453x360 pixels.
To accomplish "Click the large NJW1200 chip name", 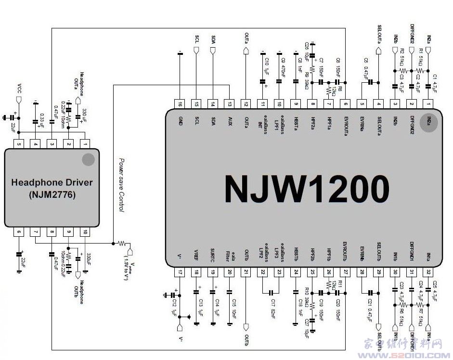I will [x=307, y=188].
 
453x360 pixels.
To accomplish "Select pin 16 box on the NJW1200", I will [x=180, y=103].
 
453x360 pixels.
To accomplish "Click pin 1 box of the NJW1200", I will [x=428, y=103].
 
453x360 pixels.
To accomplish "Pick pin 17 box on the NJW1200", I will [x=180, y=272].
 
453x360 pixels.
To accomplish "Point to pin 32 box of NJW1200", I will [x=428, y=272].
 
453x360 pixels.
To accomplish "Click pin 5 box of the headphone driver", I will [x=19, y=143].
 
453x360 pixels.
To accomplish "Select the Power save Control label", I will [x=122, y=185].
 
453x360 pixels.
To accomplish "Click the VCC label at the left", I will [x=19, y=89].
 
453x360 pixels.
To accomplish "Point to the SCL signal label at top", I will [x=196, y=39].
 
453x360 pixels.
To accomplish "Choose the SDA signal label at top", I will [x=213, y=39].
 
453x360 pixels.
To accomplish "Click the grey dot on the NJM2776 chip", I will [x=88, y=160].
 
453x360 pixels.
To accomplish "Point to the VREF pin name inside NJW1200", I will [x=196, y=255].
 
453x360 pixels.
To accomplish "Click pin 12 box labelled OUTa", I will [x=246, y=103].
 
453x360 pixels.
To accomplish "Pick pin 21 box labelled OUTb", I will [x=246, y=272].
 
